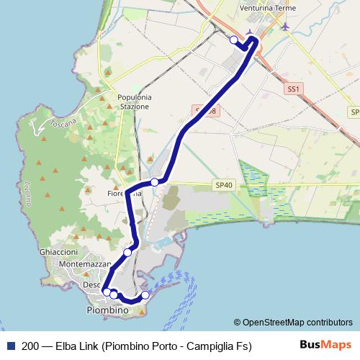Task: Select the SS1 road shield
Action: coord(292,89)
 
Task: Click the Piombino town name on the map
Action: coord(107,310)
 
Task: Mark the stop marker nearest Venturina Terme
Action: coord(233,40)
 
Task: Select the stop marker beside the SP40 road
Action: coord(154,182)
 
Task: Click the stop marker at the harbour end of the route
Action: coord(145,295)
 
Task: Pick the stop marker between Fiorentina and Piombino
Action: coord(127,252)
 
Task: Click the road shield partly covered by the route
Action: coord(202,110)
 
